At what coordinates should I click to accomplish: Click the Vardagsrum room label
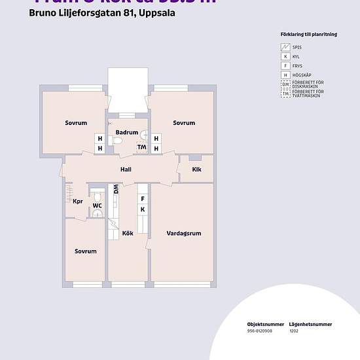[184, 232]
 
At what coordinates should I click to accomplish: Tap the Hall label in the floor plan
[126, 170]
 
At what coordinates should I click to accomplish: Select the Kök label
[128, 233]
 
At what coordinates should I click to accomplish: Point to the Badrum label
[127, 132]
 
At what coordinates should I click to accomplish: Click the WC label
[97, 206]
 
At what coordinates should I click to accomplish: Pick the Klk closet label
[197, 170]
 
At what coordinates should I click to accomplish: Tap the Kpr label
[77, 201]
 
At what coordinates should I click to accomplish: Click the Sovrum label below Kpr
[85, 251]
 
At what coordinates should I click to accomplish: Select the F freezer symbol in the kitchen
[142, 198]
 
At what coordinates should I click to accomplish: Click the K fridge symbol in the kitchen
[142, 209]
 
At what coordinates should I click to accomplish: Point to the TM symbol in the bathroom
[141, 147]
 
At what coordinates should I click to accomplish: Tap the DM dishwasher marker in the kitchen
[116, 189]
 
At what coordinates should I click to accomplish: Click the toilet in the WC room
[97, 196]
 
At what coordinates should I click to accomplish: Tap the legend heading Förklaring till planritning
[308, 34]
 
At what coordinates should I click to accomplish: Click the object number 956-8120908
[260, 331]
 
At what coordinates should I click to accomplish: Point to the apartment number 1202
[295, 331]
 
